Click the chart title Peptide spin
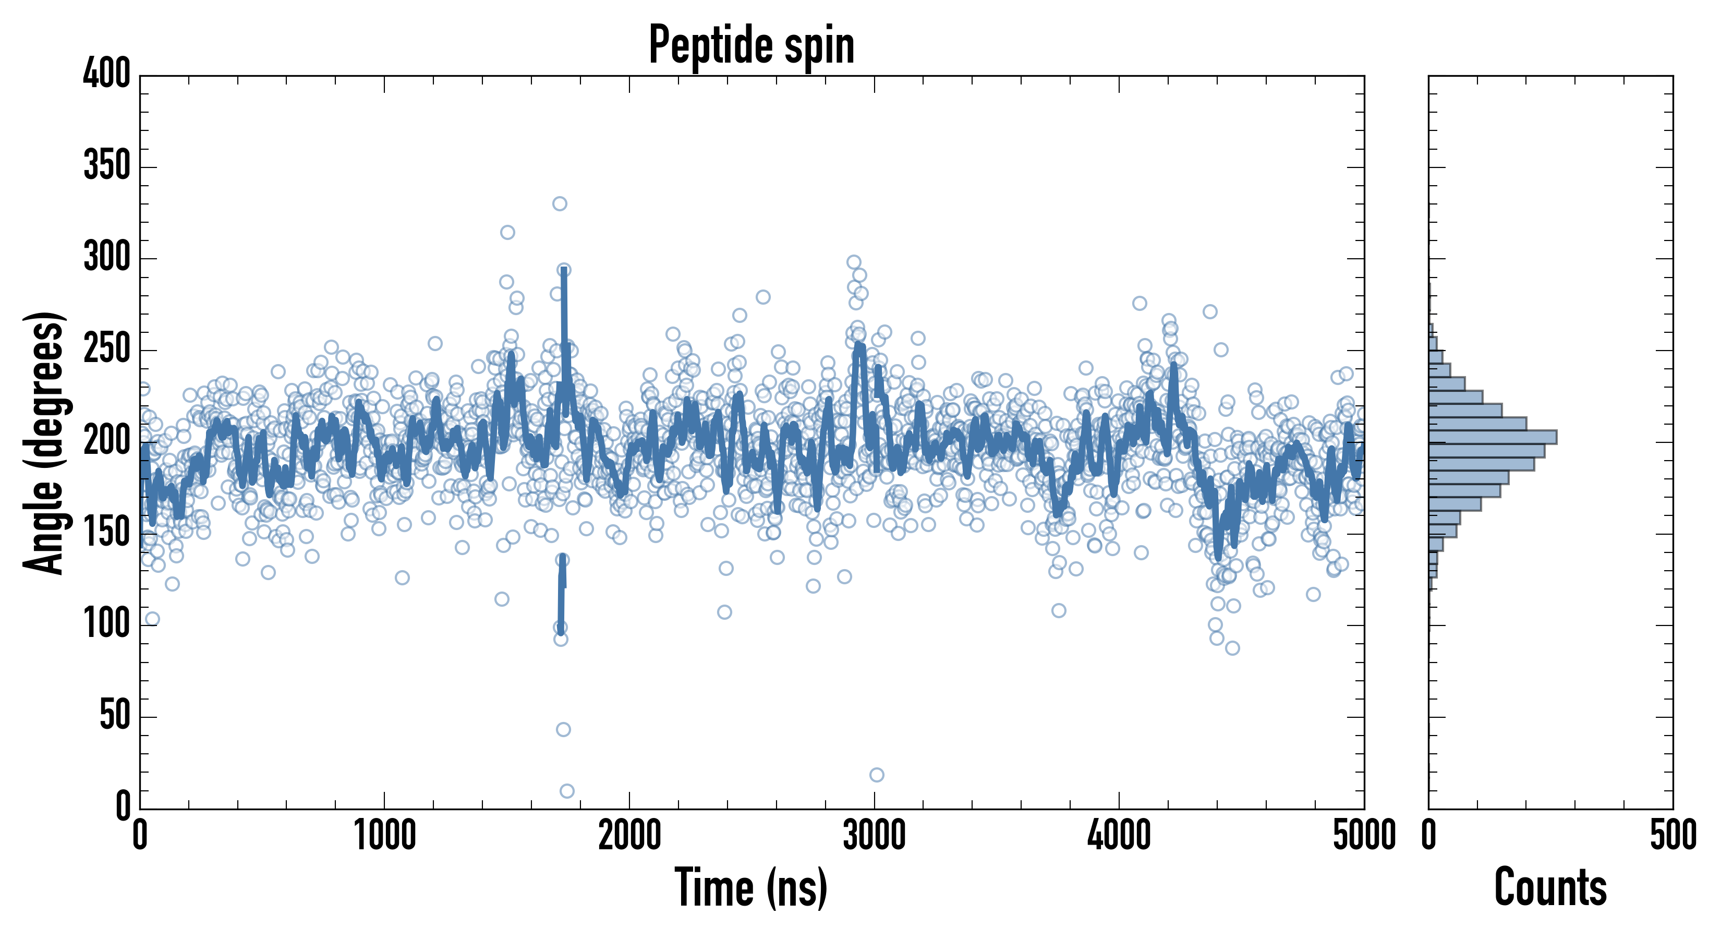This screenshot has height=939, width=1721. tap(752, 45)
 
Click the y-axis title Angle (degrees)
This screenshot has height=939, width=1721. tap(44, 442)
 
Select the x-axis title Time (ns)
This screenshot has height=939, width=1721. tap(751, 887)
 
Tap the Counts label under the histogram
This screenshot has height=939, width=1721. tap(1550, 887)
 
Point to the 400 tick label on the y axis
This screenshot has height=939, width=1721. tap(107, 74)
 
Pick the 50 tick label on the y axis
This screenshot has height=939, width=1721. tap(115, 715)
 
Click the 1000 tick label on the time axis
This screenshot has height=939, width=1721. tap(385, 835)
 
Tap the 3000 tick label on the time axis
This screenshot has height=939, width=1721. tap(874, 835)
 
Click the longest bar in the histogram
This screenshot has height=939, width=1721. tap(1493, 437)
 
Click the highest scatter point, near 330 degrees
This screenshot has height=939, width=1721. tap(560, 203)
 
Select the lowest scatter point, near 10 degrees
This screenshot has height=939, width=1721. tap(566, 791)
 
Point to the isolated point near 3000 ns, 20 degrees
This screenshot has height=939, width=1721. tap(877, 775)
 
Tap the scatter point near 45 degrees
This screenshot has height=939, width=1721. tap(563, 729)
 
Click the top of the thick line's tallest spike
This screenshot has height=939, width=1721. tap(564, 269)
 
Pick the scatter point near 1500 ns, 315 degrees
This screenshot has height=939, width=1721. tap(507, 233)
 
